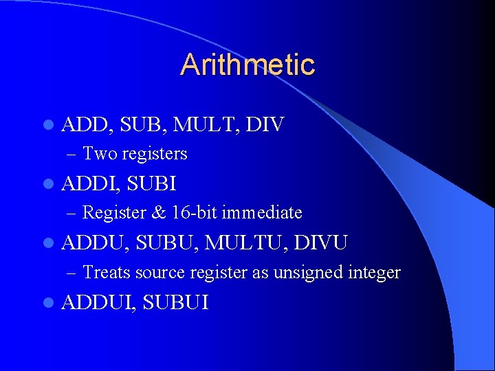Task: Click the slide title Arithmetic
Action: tap(247, 65)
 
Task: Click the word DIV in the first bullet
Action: tap(265, 125)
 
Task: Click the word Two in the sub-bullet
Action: tap(100, 154)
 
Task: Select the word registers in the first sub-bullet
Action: tap(154, 154)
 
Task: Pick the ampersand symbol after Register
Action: tap(159, 213)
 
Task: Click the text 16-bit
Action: tap(194, 213)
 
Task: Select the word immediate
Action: tap(262, 213)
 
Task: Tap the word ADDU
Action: tap(94, 243)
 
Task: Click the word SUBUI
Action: tap(175, 303)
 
